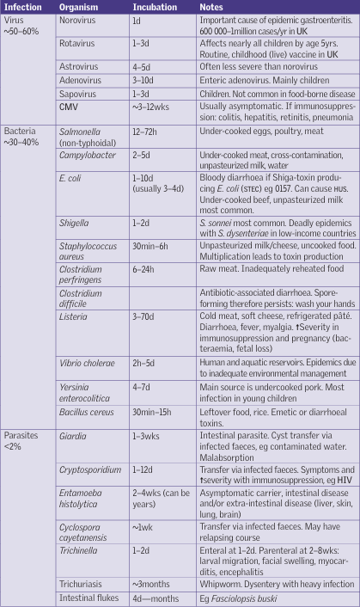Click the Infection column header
23,7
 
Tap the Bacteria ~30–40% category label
23,138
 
